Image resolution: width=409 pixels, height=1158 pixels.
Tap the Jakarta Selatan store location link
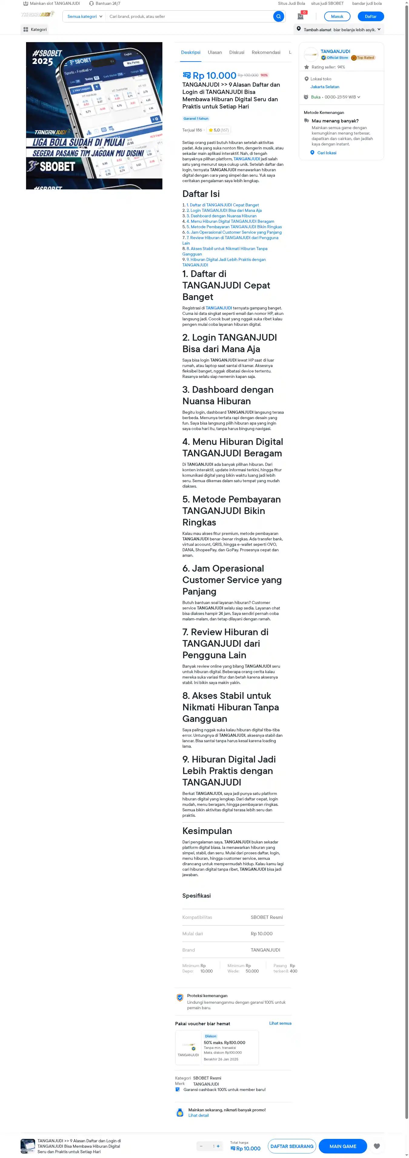[x=324, y=87]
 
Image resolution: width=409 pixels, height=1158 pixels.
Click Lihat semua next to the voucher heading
[x=280, y=1023]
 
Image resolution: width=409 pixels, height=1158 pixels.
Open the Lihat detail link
[x=198, y=1115]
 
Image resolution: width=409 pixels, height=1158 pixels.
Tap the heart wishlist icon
[x=377, y=1146]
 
